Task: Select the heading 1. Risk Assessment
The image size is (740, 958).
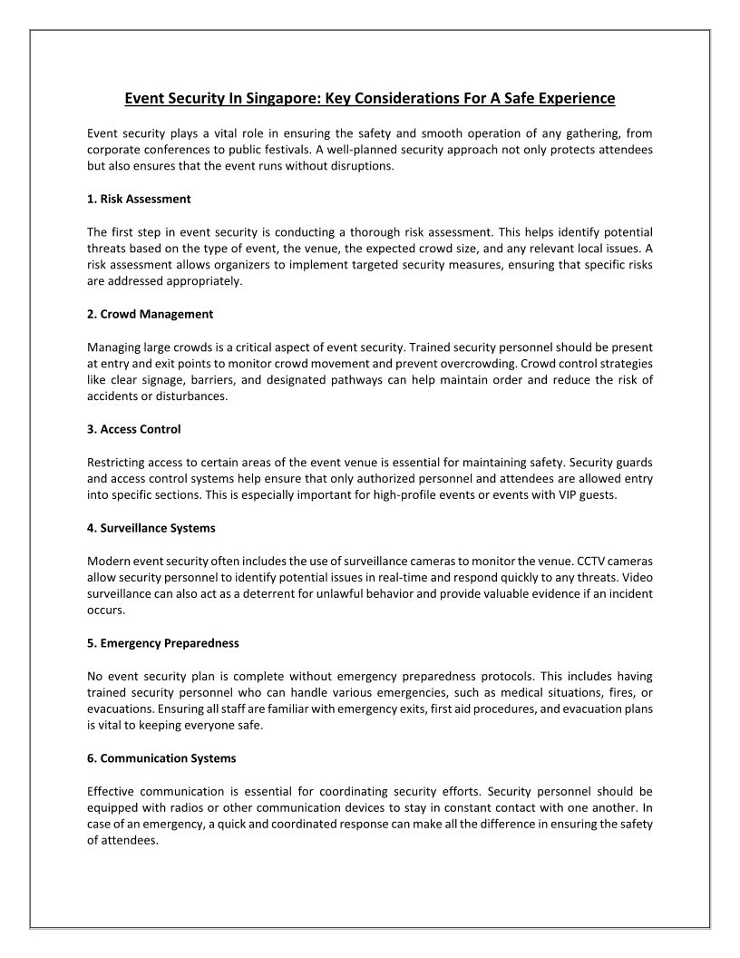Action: click(139, 198)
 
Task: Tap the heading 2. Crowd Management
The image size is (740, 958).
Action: click(150, 314)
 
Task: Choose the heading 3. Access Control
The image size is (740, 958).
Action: click(140, 429)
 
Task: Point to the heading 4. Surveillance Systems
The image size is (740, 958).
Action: click(151, 527)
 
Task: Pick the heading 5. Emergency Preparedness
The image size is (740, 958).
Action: click(162, 642)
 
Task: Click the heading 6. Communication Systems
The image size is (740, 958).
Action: click(161, 758)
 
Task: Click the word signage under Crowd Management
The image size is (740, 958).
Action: click(170, 379)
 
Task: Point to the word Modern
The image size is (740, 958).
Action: click(107, 561)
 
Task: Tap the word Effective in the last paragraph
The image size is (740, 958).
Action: click(112, 791)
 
